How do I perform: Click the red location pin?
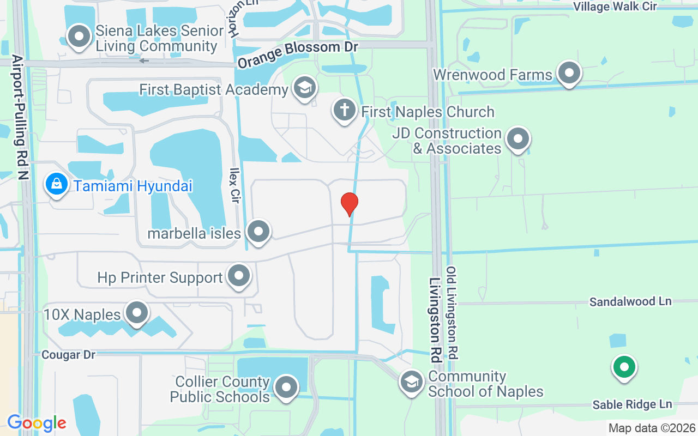pyautogui.click(x=349, y=204)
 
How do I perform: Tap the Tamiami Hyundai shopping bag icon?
pyautogui.click(x=56, y=184)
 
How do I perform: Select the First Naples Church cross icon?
pyautogui.click(x=344, y=110)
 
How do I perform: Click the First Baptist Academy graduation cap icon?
pyautogui.click(x=304, y=88)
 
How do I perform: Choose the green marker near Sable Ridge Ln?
pyautogui.click(x=624, y=367)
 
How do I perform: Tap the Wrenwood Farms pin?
pyautogui.click(x=569, y=72)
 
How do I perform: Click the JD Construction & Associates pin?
pyautogui.click(x=518, y=138)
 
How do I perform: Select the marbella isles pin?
pyautogui.click(x=258, y=232)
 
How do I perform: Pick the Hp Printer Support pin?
pyautogui.click(x=238, y=276)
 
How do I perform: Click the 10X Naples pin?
pyautogui.click(x=136, y=313)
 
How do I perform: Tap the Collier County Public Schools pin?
pyautogui.click(x=286, y=387)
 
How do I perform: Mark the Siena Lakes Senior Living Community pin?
pyautogui.click(x=79, y=37)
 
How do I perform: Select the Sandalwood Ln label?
pyautogui.click(x=630, y=301)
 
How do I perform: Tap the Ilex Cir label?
pyautogui.click(x=235, y=185)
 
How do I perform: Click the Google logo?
pyautogui.click(x=37, y=422)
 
